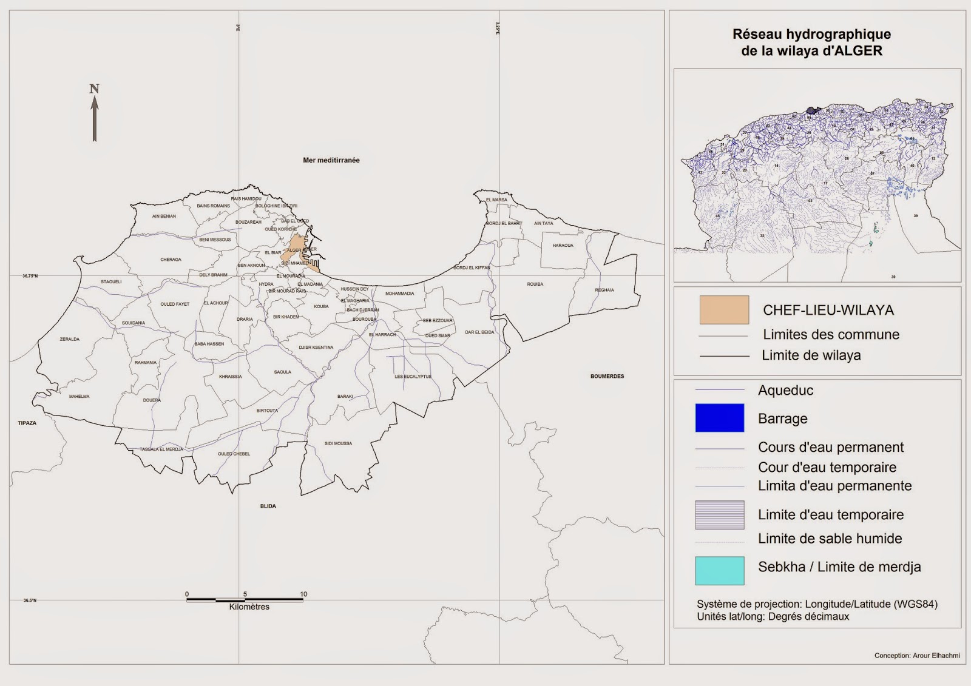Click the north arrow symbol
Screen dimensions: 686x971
point(95,115)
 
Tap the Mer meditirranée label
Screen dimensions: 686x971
point(331,160)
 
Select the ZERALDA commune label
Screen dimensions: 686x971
point(70,339)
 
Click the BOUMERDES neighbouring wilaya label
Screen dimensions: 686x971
point(607,376)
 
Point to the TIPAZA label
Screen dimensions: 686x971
point(27,423)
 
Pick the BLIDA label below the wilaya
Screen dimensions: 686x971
point(268,506)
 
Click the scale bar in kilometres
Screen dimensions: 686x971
point(245,599)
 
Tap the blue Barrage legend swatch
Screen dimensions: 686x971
point(719,418)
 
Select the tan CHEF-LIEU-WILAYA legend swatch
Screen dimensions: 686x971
point(724,310)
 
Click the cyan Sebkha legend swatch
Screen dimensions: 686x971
point(719,570)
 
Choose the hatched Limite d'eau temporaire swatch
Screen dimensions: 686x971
point(719,514)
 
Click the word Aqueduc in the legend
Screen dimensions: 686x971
point(785,390)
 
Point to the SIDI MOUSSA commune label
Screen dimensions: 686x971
point(338,443)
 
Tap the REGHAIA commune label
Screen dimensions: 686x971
point(604,290)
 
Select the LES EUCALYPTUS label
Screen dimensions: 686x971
point(413,377)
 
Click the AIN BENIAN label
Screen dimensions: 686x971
point(164,216)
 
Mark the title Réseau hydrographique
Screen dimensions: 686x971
point(811,35)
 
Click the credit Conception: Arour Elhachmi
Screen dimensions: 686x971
point(916,655)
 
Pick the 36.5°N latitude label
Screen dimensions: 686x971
point(30,600)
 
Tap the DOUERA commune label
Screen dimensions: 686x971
point(152,400)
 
